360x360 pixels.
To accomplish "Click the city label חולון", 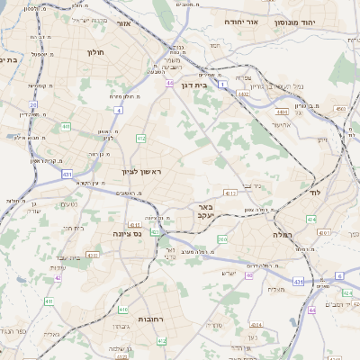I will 95,52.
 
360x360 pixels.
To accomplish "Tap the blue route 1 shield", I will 221,83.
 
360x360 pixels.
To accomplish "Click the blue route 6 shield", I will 337,275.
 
